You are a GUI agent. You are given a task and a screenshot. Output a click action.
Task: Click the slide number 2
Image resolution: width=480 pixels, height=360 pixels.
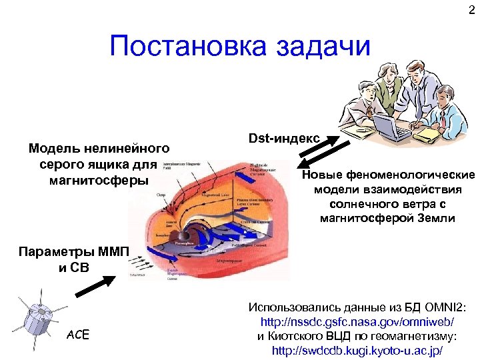click(x=471, y=9)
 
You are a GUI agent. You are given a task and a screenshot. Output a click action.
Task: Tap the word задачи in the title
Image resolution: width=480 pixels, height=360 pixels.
click(x=327, y=46)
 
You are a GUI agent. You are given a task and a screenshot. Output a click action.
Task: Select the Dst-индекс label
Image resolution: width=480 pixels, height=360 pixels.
click(x=284, y=139)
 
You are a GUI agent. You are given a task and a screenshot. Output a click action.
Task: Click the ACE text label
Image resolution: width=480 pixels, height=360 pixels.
click(x=77, y=334)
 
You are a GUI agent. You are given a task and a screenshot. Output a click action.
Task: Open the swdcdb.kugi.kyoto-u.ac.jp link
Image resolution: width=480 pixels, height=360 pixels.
click(x=357, y=350)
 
